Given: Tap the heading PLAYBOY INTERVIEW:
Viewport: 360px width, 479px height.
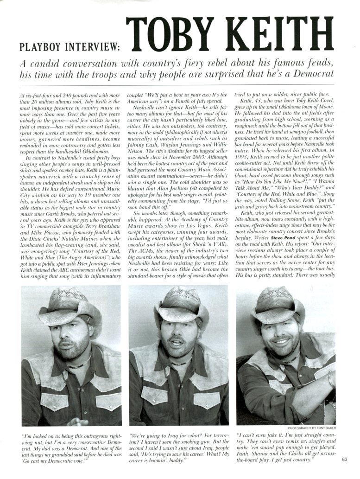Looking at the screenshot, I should point(69,47).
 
